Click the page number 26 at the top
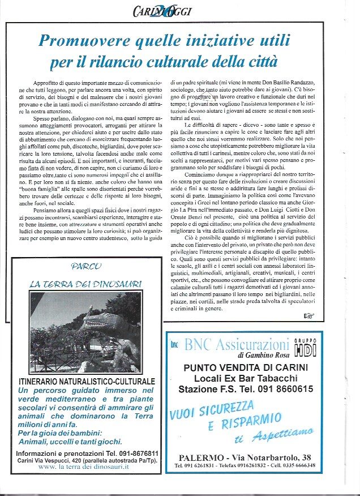click(160, 10)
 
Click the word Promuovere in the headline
click(85, 40)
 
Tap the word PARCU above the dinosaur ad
click(87, 266)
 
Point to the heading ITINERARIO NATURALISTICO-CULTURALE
click(87, 382)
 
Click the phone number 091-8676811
click(136, 454)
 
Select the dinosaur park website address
click(84, 467)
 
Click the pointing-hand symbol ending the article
click(309, 315)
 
